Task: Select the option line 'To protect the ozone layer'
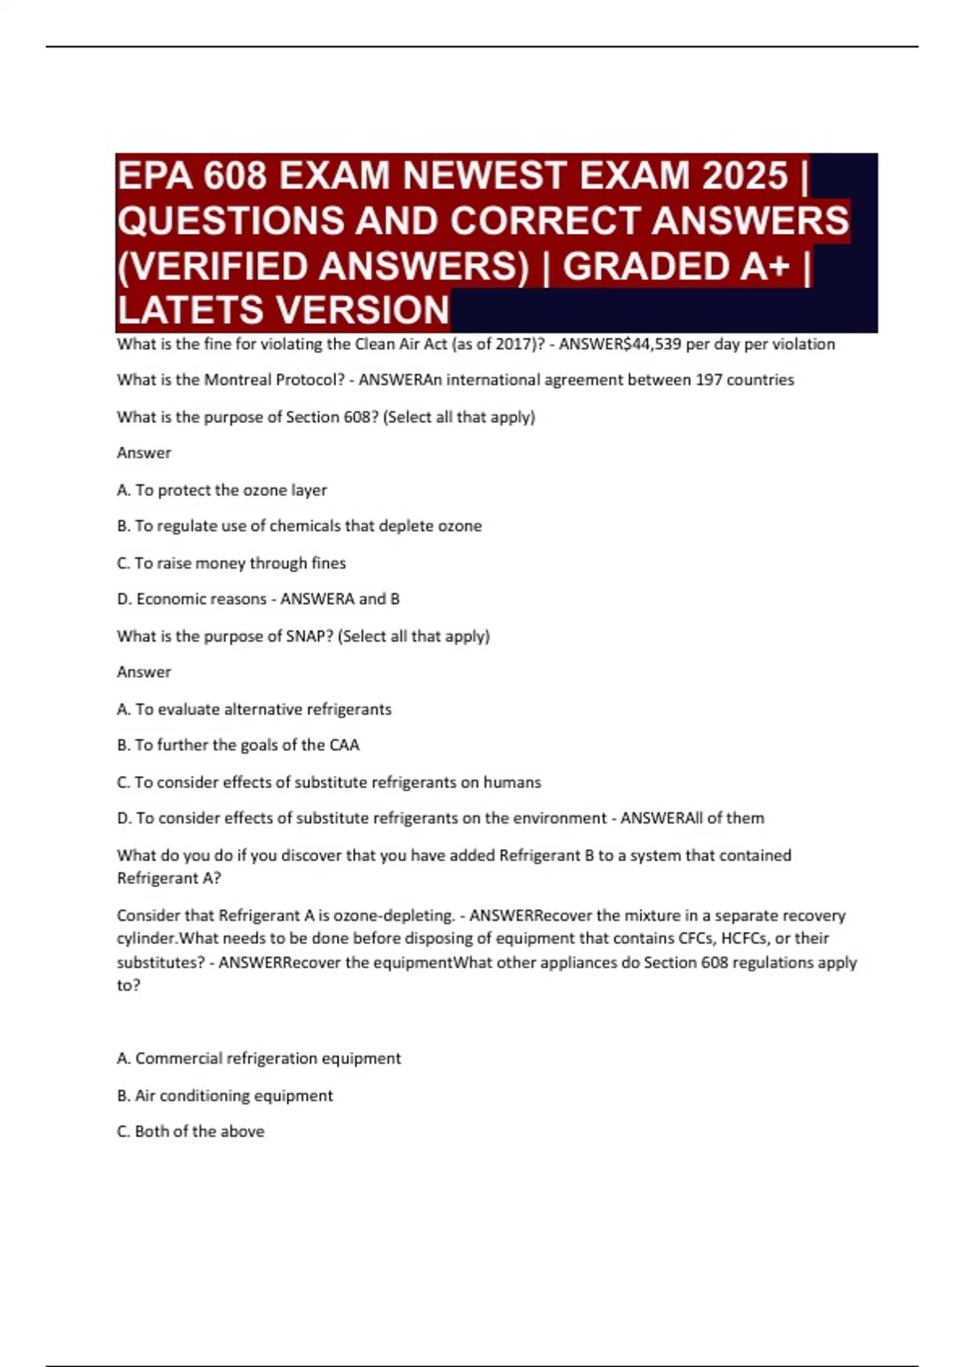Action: pyautogui.click(x=222, y=490)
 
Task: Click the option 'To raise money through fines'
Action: pyautogui.click(x=232, y=563)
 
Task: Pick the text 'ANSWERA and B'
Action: pyautogui.click(x=339, y=599)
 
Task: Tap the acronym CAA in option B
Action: pyautogui.click(x=344, y=745)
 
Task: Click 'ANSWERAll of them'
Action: pyautogui.click(x=692, y=818)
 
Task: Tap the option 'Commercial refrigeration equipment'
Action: pyautogui.click(x=259, y=1058)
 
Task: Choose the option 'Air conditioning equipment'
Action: pyautogui.click(x=224, y=1095)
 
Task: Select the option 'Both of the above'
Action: pyautogui.click(x=191, y=1131)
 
